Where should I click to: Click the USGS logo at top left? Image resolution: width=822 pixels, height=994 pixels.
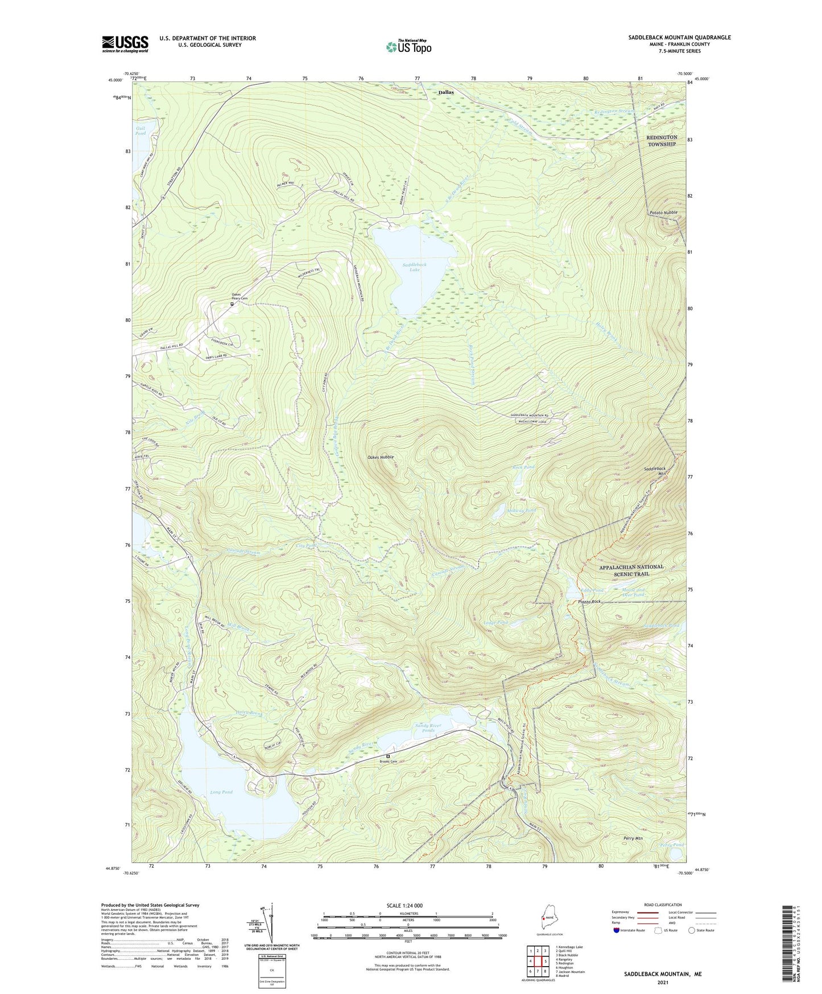pos(125,44)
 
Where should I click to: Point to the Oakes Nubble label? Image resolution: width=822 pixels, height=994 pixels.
pos(381,457)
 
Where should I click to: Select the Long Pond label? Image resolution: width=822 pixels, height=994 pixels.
pos(221,792)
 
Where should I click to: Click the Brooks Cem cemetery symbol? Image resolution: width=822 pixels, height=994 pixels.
pos(388,757)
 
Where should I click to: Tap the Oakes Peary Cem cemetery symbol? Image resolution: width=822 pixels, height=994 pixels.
pos(232,304)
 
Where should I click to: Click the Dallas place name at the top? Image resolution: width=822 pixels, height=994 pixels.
pos(446,92)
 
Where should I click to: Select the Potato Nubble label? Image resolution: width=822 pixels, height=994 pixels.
pos(663,212)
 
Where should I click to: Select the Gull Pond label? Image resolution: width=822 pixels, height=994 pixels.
pos(140,131)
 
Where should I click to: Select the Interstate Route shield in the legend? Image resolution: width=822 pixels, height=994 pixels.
pos(617,931)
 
